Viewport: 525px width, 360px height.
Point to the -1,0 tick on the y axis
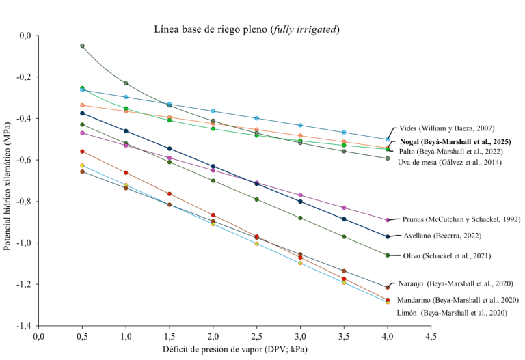26,243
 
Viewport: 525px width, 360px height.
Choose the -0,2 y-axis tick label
26,77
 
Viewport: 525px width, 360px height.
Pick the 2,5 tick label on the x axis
256,337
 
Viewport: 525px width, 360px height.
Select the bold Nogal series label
455,142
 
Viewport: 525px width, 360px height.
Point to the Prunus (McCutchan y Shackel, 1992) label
461,219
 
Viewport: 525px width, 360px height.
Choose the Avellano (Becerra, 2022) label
443,236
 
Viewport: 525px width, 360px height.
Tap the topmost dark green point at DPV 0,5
82,46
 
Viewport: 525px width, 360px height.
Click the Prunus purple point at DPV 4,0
388,220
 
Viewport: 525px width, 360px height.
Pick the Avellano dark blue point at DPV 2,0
213,166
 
